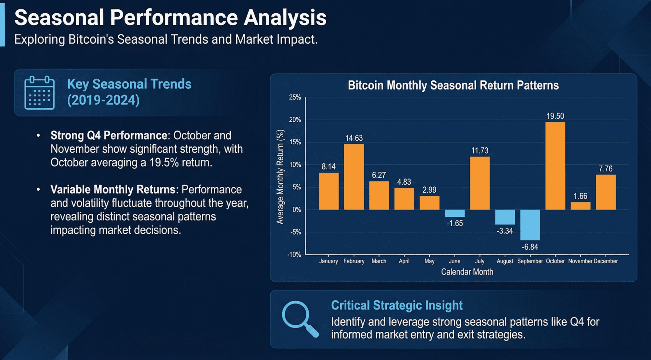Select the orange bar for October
(x=555, y=166)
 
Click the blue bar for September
(x=530, y=225)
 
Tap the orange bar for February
(x=354, y=177)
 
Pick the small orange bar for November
(x=580, y=206)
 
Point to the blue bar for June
(x=455, y=213)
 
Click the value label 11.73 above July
(x=480, y=151)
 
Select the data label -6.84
(x=530, y=247)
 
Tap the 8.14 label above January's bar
(x=328, y=167)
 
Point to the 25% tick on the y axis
(x=295, y=97)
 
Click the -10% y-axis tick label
(x=294, y=255)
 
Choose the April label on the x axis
(x=404, y=261)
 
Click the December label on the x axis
(x=606, y=261)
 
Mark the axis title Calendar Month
(x=467, y=272)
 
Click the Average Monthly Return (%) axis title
(x=280, y=177)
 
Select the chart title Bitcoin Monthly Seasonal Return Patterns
(x=453, y=85)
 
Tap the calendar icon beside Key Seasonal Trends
(x=40, y=93)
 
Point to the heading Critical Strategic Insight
(x=397, y=306)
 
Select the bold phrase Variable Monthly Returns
(x=112, y=190)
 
